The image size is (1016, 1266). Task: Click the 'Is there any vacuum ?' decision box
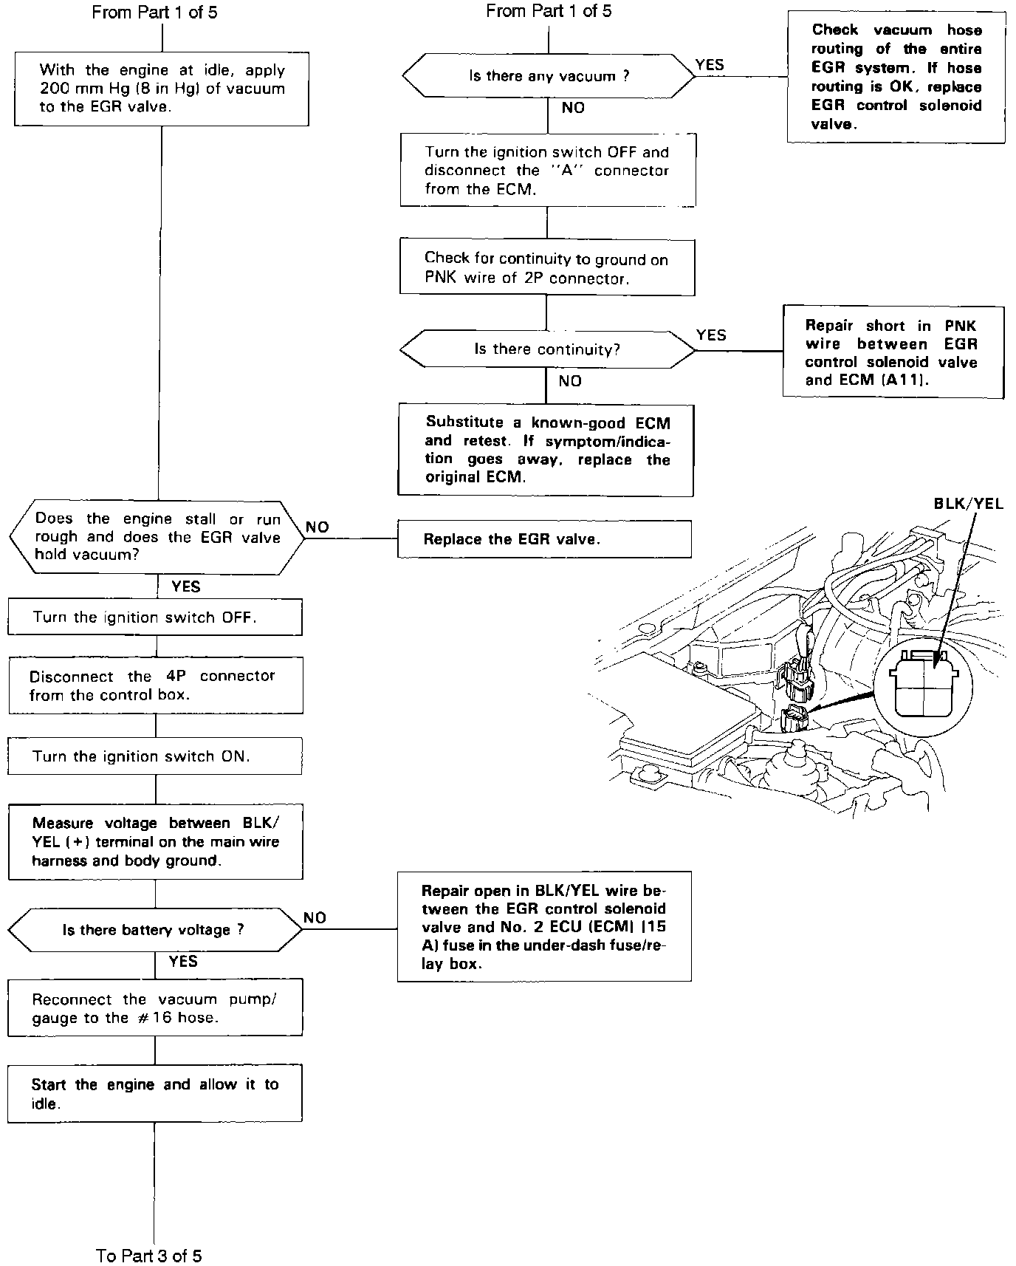(x=548, y=76)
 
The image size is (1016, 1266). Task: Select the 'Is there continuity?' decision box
(x=546, y=349)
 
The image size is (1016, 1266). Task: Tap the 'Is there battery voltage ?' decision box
(x=155, y=930)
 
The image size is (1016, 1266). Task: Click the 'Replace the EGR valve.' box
(x=544, y=539)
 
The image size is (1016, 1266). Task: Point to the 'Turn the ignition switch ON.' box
(x=155, y=756)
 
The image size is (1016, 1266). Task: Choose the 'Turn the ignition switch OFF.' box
(x=155, y=617)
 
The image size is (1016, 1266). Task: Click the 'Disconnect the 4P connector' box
(x=155, y=685)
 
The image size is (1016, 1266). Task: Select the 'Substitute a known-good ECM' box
(x=546, y=450)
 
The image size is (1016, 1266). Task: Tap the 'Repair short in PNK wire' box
(x=892, y=353)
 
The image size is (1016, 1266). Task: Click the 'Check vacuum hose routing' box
(x=896, y=77)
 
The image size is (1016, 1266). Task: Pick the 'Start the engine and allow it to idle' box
(x=155, y=1094)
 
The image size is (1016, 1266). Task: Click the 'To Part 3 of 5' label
(x=149, y=1256)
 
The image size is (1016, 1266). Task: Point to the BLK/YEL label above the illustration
(x=969, y=504)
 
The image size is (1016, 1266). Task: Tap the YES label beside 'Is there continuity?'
(x=711, y=335)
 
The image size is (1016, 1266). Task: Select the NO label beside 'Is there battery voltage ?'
(x=315, y=917)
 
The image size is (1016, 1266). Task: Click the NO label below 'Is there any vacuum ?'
(x=573, y=108)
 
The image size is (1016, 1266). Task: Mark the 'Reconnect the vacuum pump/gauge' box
(x=155, y=1008)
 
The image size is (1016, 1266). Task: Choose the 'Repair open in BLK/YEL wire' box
(x=544, y=927)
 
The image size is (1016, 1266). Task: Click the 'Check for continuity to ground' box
(x=546, y=268)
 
